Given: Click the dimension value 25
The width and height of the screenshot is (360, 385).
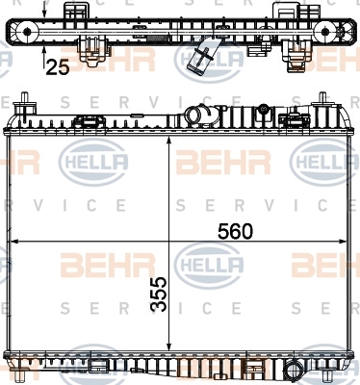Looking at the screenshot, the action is click(x=58, y=67).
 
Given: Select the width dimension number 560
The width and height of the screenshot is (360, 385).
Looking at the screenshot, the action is click(x=235, y=231).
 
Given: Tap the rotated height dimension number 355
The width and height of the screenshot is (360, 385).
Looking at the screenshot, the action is click(x=159, y=295).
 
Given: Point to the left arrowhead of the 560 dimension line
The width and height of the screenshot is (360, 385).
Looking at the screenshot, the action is click(x=14, y=241).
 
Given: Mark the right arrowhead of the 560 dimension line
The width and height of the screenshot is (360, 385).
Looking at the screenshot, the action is click(x=343, y=241).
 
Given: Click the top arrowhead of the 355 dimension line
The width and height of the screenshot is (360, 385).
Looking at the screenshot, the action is click(x=169, y=141).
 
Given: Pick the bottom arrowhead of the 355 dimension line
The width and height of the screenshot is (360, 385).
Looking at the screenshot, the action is click(x=169, y=346).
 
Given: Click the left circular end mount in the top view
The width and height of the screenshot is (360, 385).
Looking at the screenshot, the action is click(x=27, y=32).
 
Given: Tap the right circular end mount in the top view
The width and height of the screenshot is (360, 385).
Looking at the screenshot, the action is click(x=325, y=32).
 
